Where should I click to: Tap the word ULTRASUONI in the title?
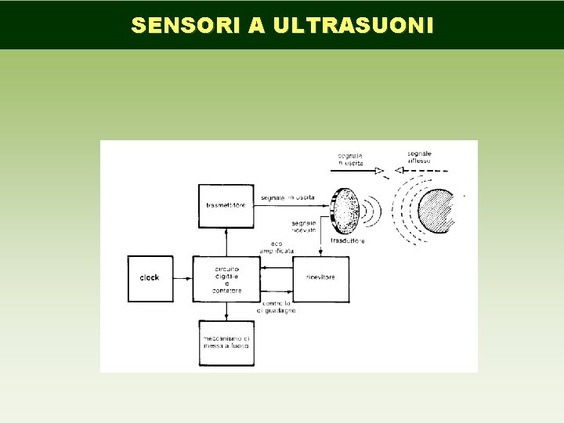coord(352,25)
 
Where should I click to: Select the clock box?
coord(150,278)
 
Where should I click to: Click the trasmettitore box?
coord(226,205)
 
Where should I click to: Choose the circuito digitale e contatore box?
coord(226,278)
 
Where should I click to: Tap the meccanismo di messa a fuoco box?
coord(226,342)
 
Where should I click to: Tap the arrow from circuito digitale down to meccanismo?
coord(226,311)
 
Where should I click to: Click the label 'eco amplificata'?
coord(280,246)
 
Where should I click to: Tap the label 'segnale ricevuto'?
coord(303,226)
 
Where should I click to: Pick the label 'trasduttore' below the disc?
coord(347,241)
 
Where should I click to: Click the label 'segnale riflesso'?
coord(420,157)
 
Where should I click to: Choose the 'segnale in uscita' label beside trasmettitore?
coord(288,197)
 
